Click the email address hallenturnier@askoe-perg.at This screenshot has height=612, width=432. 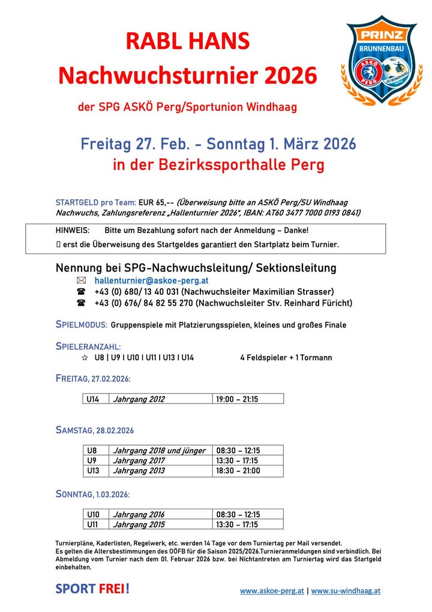point(151,280)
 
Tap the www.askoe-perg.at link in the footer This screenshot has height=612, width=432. point(272,590)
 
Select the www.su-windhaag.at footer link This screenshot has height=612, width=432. point(346,590)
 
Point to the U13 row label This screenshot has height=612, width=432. point(93,471)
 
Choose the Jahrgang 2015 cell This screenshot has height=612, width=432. point(139,524)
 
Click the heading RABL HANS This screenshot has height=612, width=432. point(187,41)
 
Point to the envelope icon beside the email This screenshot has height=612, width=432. point(82,280)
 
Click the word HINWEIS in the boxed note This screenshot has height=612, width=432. point(73,231)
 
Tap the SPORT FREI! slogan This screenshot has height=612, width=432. point(92,589)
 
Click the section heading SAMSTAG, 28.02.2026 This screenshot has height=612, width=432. point(94,430)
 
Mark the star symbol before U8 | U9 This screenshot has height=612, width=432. point(84,357)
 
